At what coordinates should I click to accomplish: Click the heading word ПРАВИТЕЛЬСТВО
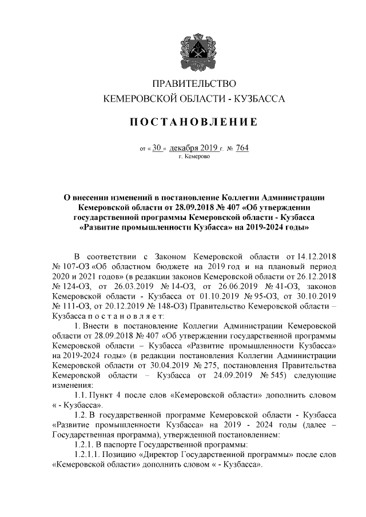coord(193,84)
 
